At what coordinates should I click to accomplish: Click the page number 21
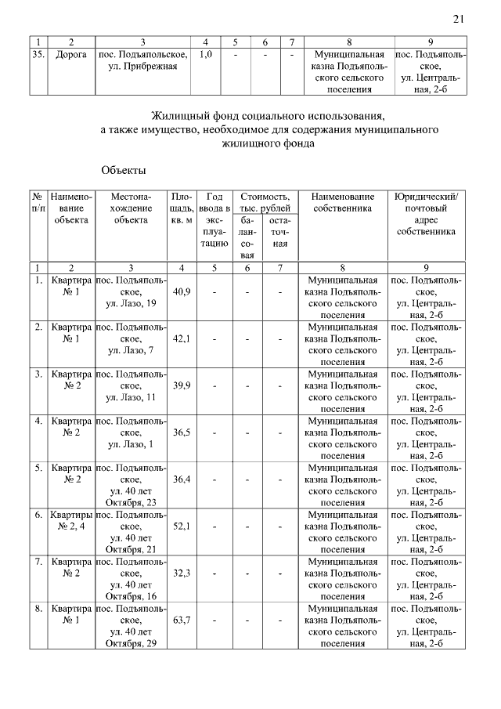click(458, 20)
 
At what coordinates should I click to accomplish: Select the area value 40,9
click(182, 291)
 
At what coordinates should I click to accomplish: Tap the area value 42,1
click(182, 338)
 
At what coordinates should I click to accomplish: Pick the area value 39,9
click(182, 385)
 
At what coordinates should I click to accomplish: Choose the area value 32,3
click(182, 573)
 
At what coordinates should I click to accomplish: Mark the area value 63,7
click(182, 620)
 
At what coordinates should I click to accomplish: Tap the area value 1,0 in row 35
click(205, 56)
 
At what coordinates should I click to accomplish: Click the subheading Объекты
click(124, 169)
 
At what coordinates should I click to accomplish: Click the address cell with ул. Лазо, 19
click(131, 291)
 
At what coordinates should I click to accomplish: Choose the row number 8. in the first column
click(38, 608)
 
